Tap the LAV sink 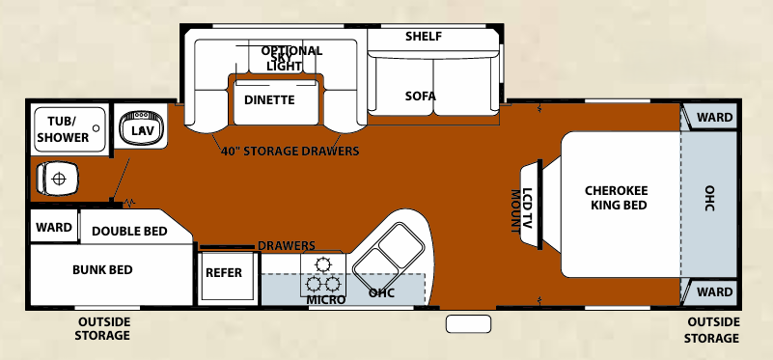coord(142,129)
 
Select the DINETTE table coord(268,99)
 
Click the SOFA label coord(421,97)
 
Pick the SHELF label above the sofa coord(424,37)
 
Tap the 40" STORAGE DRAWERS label coord(290,152)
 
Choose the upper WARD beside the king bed coord(714,118)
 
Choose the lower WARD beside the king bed coord(714,291)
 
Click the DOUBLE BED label coord(129,231)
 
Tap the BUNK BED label coord(102,269)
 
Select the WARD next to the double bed coord(54,229)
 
